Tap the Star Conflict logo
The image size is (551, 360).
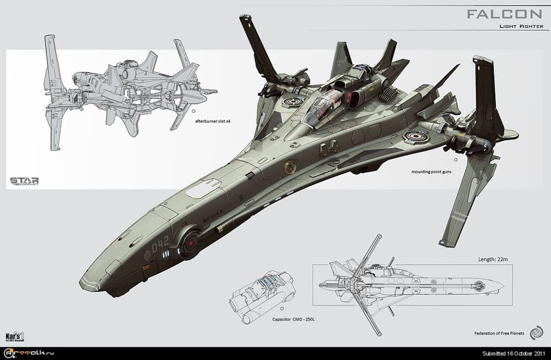click(x=24, y=181)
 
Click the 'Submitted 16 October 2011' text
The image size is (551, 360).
click(x=514, y=353)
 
